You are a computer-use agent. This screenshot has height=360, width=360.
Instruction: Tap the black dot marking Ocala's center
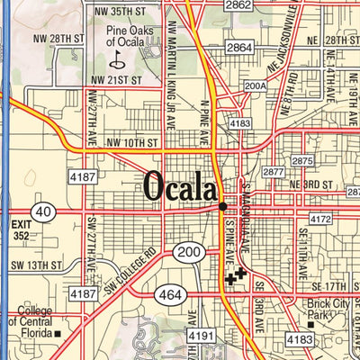click(x=222, y=206)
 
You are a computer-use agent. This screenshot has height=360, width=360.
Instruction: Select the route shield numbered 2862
click(x=238, y=5)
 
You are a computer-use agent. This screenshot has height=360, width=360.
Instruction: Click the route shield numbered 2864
click(x=239, y=47)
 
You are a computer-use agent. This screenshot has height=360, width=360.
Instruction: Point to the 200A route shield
click(x=255, y=86)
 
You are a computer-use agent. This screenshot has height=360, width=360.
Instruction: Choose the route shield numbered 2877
click(x=274, y=171)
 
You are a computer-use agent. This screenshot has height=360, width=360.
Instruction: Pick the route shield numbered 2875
click(x=302, y=160)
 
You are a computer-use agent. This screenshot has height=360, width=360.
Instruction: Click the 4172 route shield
click(x=320, y=219)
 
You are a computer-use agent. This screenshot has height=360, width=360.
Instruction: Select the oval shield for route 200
click(x=187, y=253)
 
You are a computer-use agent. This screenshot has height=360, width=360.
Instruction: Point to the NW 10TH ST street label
click(x=131, y=143)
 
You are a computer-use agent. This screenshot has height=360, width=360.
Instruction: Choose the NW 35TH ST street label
click(x=119, y=11)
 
